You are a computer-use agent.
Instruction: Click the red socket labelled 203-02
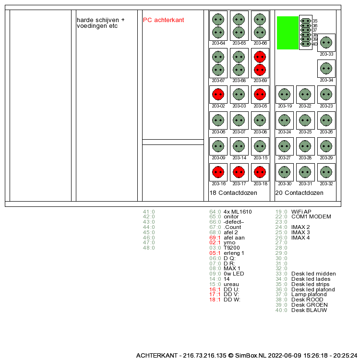pos(218,94)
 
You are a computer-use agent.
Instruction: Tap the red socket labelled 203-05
pos(260,94)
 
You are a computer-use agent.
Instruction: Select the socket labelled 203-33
pos(326,42)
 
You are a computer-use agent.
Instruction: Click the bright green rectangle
pos(288,33)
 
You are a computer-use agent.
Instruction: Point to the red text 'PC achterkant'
pos(163,20)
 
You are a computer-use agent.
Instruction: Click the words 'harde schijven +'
pos(100,20)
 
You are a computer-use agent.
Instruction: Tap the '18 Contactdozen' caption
pos(233,193)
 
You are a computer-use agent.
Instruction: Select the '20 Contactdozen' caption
pos(299,193)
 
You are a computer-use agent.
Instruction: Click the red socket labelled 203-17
pos(239,172)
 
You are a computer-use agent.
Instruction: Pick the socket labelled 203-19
pos(285,94)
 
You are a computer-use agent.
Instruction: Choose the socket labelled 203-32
pos(326,172)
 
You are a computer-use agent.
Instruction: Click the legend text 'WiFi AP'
pos(301,211)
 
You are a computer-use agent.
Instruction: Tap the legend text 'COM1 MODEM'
pos(311,216)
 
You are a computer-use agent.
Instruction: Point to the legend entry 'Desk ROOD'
pos(307,300)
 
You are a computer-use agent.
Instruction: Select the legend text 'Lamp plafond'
pos(309,294)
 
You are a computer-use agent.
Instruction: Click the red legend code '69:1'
pos(215,238)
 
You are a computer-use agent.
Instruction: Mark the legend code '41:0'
pos(149,211)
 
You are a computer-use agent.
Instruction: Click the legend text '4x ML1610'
pos(238,211)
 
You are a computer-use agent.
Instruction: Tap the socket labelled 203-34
pos(326,68)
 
